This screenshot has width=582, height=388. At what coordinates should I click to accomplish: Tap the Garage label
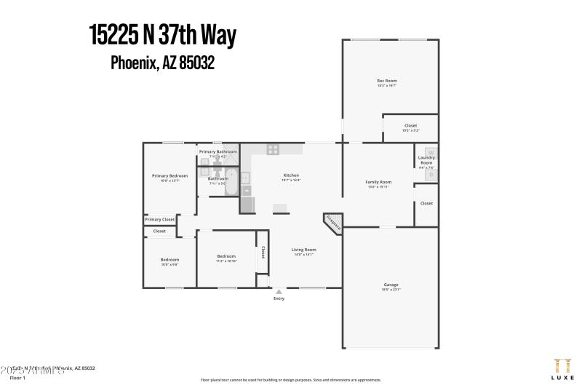[391, 285]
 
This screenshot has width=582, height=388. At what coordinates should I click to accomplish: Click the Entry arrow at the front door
[279, 292]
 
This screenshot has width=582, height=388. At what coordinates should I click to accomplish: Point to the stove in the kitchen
[274, 149]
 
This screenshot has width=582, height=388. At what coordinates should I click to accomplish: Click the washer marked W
[430, 153]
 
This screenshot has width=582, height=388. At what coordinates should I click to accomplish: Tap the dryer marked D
[430, 175]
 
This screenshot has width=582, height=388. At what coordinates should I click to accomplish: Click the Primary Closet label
[159, 219]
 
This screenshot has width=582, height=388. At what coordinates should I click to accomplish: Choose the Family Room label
[378, 182]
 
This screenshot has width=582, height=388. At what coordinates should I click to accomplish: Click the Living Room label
[303, 250]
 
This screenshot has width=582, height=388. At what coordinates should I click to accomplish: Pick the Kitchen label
[291, 175]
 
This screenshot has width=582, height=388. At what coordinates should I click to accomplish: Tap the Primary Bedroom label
[170, 175]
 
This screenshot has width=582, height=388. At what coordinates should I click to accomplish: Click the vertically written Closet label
[263, 252]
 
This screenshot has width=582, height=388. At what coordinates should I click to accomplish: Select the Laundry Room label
[426, 160]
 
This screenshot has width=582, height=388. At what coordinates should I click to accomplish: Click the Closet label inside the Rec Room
[410, 126]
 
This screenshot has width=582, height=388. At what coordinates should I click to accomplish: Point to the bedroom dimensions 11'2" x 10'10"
[226, 261]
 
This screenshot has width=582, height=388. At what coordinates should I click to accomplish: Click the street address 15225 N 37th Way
[162, 35]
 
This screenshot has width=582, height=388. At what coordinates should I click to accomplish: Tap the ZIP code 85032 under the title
[199, 63]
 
